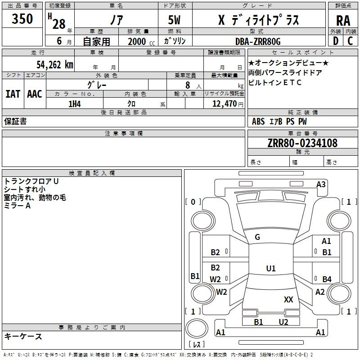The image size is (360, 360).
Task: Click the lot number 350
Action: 22,18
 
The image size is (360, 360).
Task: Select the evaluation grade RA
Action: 343,21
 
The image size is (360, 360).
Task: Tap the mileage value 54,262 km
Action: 55,65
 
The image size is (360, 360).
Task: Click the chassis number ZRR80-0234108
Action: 302,143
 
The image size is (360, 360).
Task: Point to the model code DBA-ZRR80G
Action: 258,41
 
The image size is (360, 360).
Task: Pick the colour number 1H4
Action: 75,104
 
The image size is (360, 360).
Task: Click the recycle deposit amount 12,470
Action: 225,104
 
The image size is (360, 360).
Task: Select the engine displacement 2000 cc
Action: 141,41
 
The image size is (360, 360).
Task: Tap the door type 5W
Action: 174,20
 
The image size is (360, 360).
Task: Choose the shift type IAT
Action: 13,94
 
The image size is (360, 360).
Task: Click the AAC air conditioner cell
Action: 35,94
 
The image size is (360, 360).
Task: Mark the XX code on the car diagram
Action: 288,299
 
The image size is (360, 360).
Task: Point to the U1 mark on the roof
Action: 271,268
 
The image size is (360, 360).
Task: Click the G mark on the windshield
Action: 257,237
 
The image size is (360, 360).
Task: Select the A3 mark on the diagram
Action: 321,184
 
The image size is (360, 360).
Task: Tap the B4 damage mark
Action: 327,279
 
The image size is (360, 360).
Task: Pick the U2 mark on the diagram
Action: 283,322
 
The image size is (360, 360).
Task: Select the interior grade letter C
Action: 350,41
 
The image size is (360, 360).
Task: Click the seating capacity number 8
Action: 188,85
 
